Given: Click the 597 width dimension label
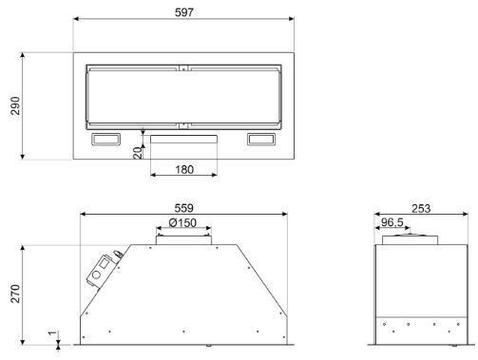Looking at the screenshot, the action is tap(184, 12).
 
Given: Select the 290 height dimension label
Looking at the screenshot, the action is tap(15, 105).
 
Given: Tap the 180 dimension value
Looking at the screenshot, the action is tap(184, 170).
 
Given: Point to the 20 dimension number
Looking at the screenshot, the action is tap(138, 153).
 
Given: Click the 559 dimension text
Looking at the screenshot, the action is tap(183, 208).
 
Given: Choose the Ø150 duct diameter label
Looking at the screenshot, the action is tap(182, 223).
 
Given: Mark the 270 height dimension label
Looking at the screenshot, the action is tap(15, 294).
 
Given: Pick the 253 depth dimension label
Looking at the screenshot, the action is tap(421, 209).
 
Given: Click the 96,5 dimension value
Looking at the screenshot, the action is tap(392, 222).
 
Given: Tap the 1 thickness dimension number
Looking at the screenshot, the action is tap(52, 333).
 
